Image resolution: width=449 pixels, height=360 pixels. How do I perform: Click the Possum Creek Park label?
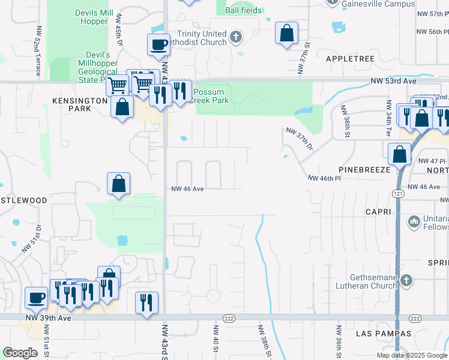(x=209, y=97)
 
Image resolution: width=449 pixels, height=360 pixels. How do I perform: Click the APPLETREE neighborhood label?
(x=350, y=59)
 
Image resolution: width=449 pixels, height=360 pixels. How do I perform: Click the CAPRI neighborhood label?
(x=378, y=212)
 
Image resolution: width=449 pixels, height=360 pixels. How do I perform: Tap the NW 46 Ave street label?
(x=188, y=188)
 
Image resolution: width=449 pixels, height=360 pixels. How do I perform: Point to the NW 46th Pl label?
(x=324, y=178)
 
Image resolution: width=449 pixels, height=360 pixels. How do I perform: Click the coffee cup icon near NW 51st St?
(x=37, y=297)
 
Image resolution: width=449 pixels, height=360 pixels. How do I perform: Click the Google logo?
(x=20, y=353)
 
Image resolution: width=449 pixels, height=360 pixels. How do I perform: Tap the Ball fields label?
(x=243, y=11)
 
